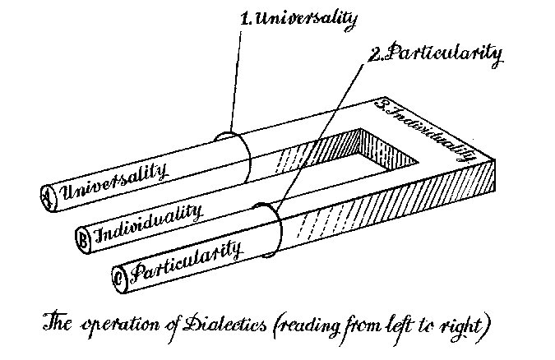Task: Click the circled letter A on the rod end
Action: (45, 195)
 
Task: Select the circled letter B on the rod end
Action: (84, 236)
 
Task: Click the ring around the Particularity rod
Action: (271, 230)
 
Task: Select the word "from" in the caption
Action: (380, 323)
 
